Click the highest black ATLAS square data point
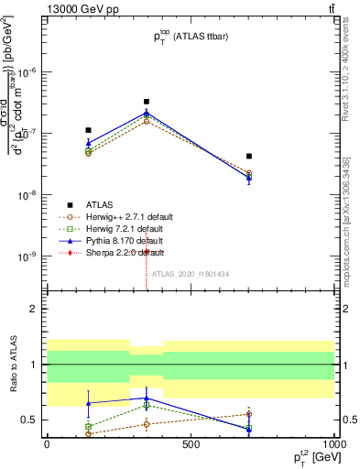147,102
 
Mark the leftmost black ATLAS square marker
88,130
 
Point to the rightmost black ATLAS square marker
248,157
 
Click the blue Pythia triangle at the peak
147,113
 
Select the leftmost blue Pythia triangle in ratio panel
88,403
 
